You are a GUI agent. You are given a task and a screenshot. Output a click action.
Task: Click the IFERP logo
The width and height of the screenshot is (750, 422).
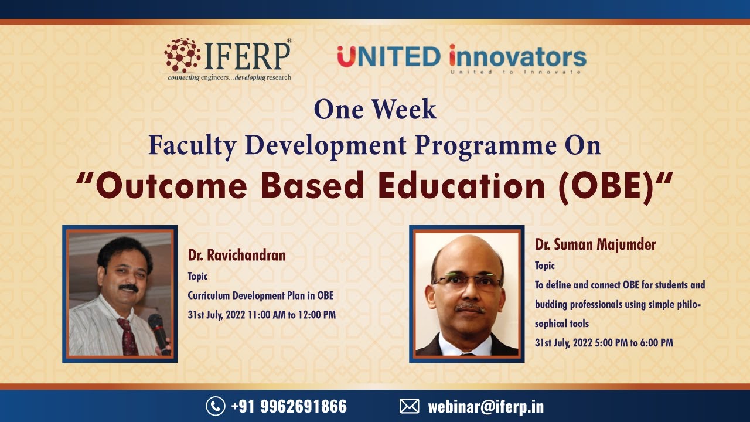pos(227,59)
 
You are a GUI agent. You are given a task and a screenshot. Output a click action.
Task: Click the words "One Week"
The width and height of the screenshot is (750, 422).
pos(375,110)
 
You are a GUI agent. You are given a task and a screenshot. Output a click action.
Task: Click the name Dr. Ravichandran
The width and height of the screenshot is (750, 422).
pos(237,256)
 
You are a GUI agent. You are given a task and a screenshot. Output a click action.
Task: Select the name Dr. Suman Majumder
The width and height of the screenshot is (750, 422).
pos(595,245)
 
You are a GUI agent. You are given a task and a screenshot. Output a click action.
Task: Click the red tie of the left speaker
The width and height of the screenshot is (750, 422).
pos(127,337)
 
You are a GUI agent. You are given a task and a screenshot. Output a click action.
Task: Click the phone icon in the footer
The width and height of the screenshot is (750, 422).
pos(215,406)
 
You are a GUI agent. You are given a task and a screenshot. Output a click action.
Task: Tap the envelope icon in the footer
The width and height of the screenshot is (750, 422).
pos(410,406)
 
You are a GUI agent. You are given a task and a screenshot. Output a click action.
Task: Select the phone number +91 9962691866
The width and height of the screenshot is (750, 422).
pos(289,406)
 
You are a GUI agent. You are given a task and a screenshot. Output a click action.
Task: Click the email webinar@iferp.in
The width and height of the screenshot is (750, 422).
pos(486,406)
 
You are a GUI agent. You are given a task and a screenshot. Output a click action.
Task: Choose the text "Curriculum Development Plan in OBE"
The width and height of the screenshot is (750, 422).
pos(260,295)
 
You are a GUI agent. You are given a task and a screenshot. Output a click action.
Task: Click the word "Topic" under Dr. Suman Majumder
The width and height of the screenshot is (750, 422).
pos(544,266)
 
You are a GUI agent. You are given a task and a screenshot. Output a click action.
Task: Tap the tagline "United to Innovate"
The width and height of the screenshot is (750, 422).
pos(515,72)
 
